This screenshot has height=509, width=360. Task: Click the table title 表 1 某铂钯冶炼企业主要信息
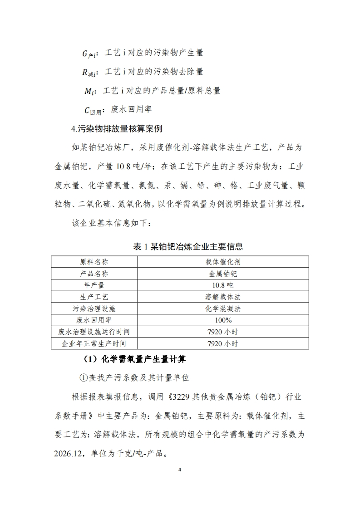click(x=188, y=246)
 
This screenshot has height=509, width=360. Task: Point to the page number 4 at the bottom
click(x=180, y=469)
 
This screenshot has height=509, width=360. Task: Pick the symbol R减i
click(x=91, y=72)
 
